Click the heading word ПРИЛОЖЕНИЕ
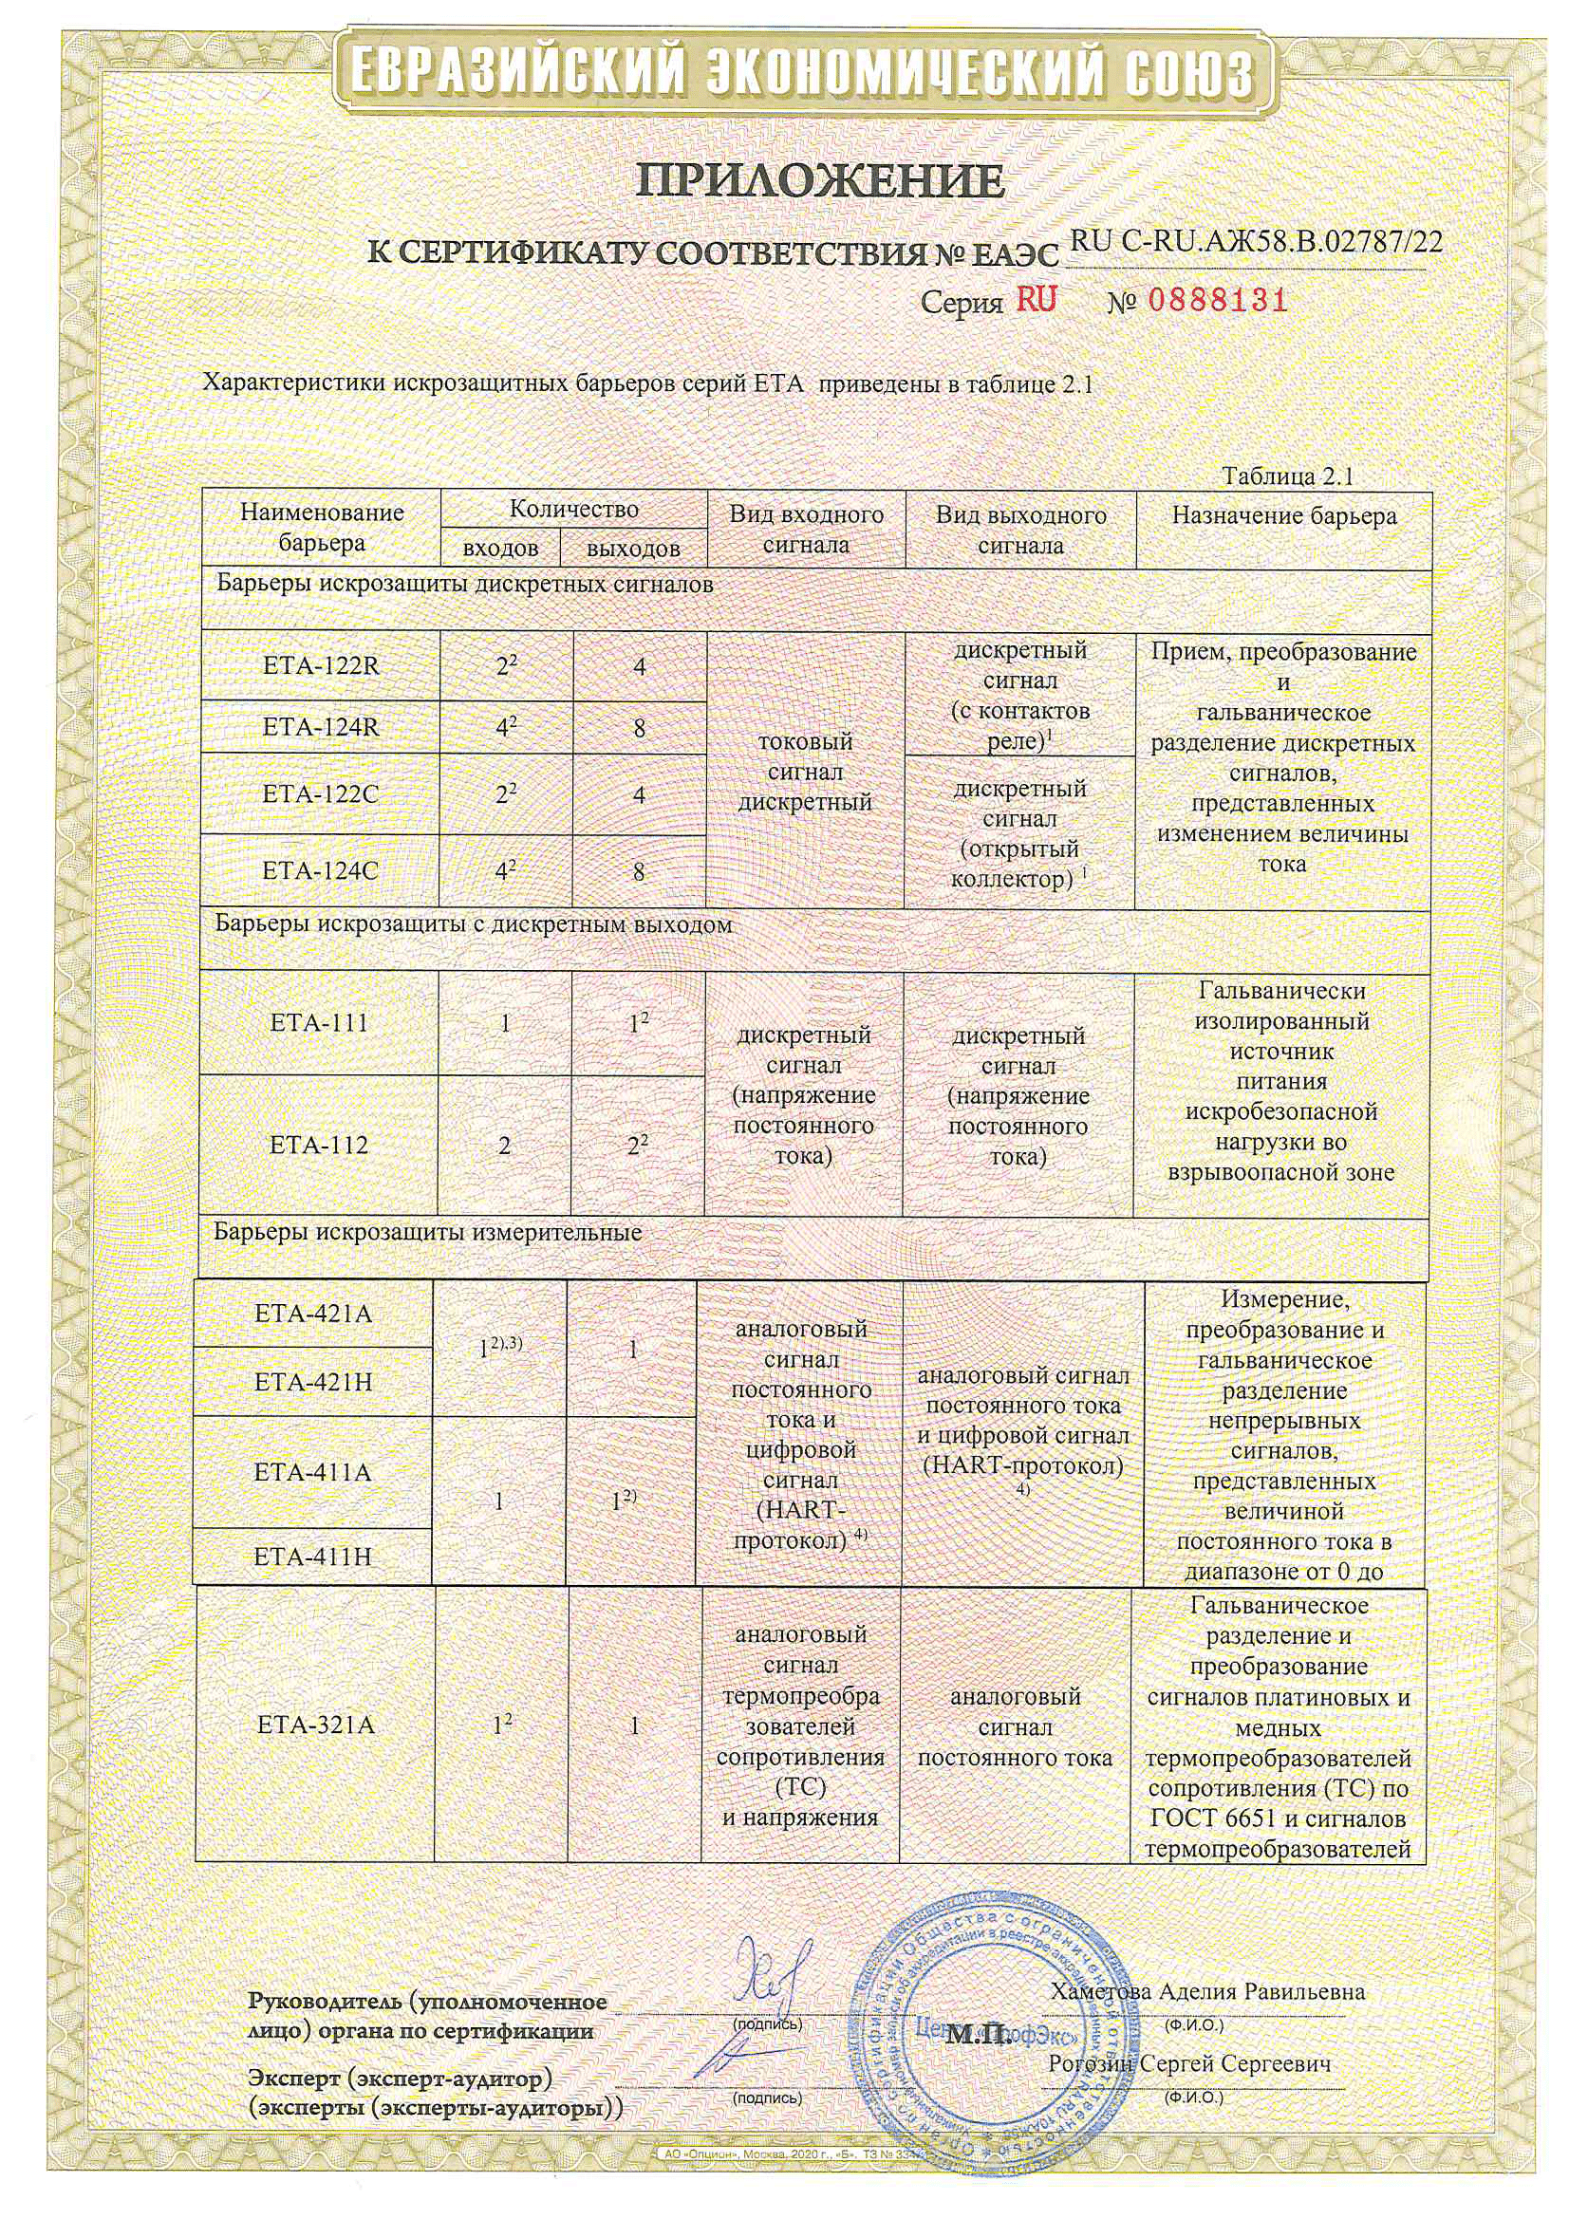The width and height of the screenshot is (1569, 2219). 820,179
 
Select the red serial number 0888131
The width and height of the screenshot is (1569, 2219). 1218,301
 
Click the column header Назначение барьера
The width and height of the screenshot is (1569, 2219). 1284,516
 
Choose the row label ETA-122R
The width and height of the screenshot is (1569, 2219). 321,666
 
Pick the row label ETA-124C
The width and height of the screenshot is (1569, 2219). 321,870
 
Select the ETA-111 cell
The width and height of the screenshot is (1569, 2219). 319,1022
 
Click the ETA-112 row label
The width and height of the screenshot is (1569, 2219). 319,1146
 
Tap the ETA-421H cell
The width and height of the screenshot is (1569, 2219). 313,1382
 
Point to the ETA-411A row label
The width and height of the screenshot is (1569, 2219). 313,1472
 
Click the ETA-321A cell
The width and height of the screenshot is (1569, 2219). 316,1725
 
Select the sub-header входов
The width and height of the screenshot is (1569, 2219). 500,549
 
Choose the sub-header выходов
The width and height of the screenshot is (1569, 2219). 633,549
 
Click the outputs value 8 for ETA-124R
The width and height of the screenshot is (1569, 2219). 639,728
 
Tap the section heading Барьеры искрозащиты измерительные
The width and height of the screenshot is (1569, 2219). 427,1233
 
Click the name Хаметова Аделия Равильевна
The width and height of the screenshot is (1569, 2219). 1207,1991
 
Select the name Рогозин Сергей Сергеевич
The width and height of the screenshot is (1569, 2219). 1190,2063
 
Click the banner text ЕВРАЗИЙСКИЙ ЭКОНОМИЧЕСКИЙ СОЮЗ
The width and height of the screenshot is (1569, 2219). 801,71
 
